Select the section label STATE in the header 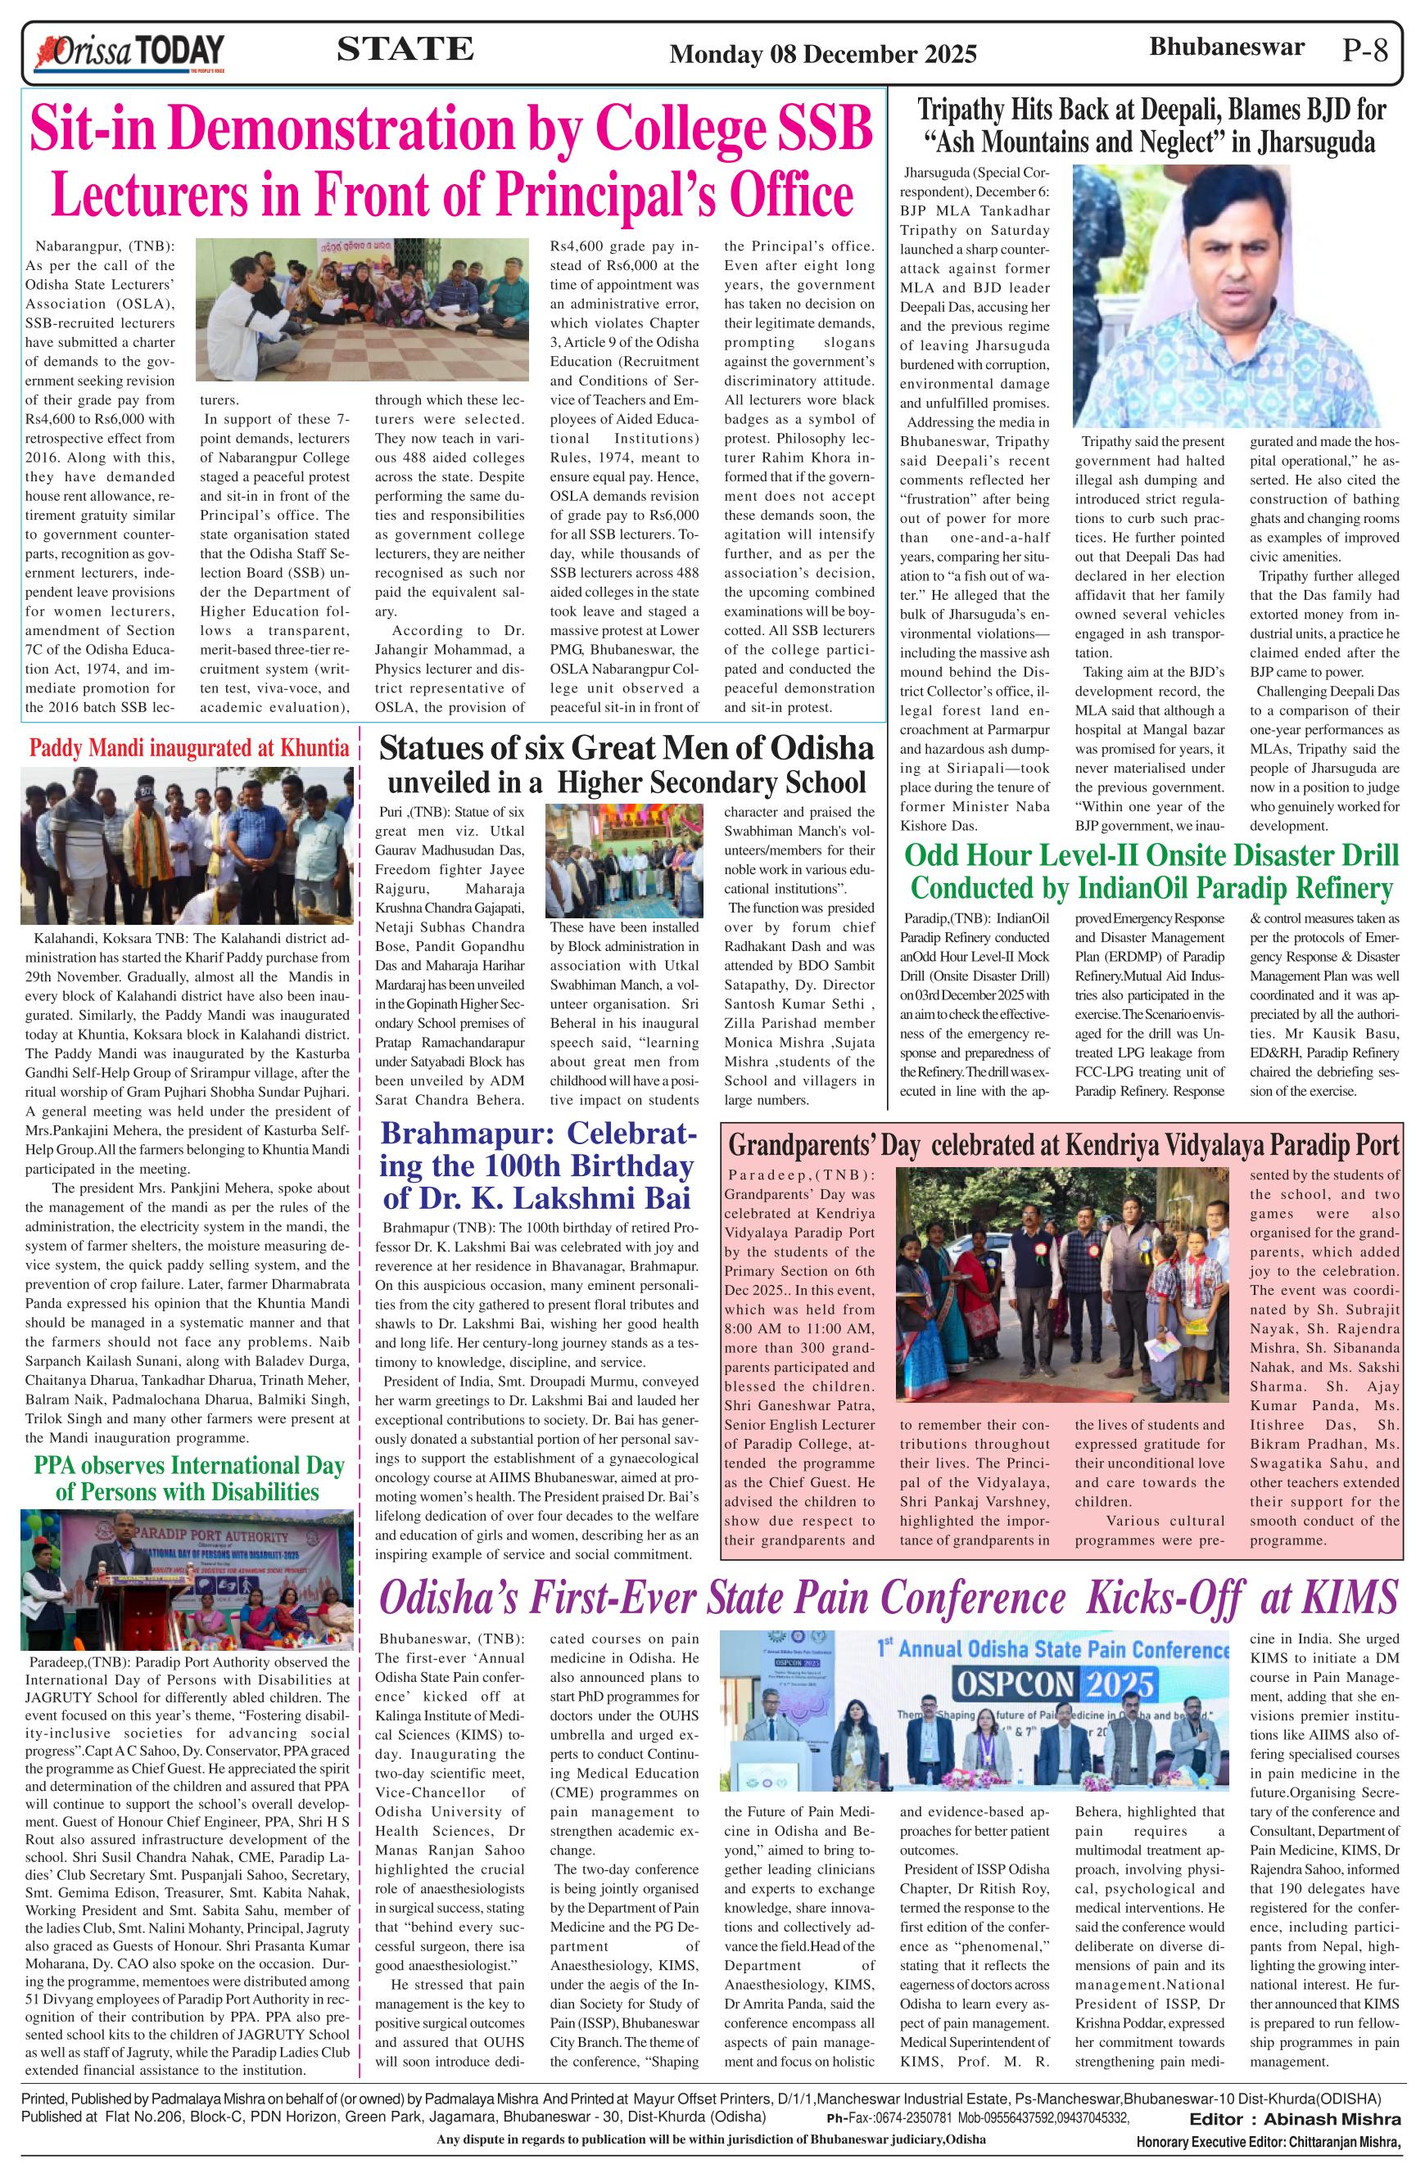coord(405,49)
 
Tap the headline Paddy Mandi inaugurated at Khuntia coord(189,749)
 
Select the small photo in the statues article coord(631,860)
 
